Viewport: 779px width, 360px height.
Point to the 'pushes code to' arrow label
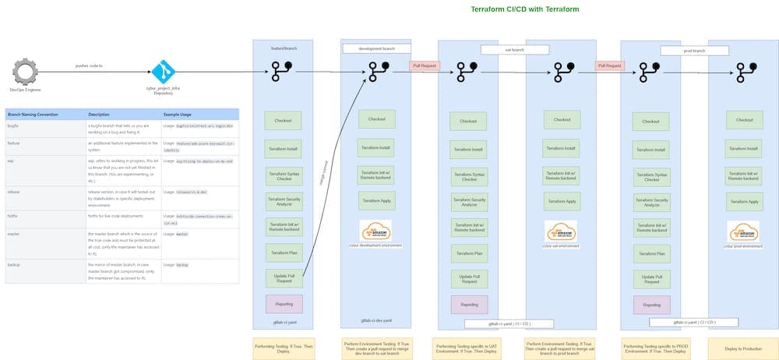(89, 65)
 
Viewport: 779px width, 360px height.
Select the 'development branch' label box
(376, 48)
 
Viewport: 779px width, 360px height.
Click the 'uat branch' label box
(514, 49)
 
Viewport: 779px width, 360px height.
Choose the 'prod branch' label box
(694, 50)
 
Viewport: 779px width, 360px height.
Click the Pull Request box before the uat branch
(425, 66)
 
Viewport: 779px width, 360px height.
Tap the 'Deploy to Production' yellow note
(742, 348)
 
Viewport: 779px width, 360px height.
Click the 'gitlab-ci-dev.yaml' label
(376, 320)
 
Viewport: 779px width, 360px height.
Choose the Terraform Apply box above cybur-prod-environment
(743, 200)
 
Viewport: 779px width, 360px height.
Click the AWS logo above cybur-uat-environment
(561, 231)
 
